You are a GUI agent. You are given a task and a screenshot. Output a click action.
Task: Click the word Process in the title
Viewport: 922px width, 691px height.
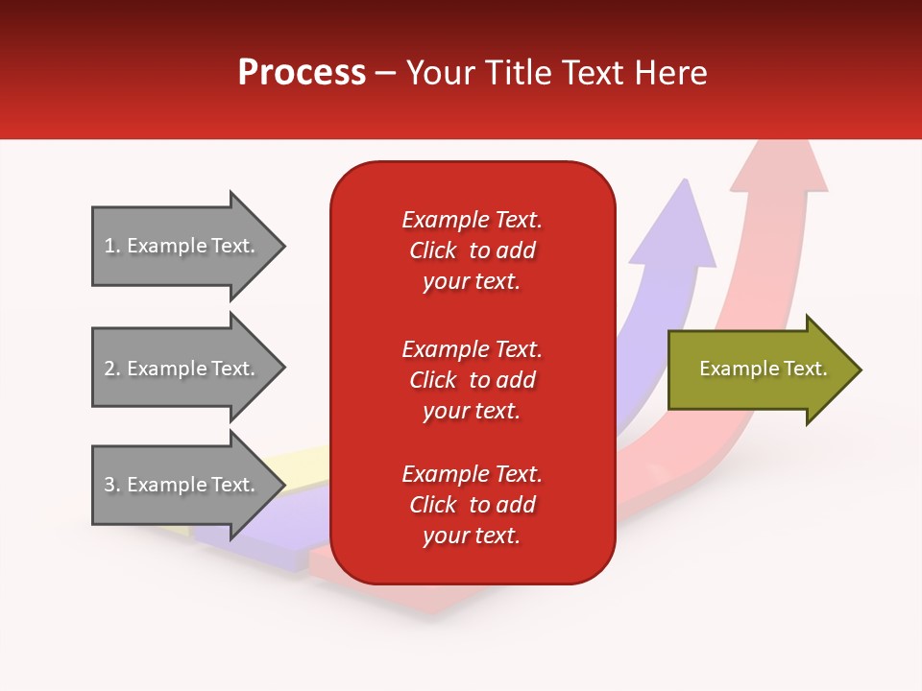pos(303,73)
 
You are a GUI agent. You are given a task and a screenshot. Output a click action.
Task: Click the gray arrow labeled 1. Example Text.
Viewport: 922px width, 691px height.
pos(188,247)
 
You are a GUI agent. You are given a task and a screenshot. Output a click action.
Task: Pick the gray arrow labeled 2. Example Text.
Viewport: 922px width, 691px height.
pos(188,368)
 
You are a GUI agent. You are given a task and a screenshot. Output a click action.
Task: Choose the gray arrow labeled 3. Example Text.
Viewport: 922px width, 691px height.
pos(188,485)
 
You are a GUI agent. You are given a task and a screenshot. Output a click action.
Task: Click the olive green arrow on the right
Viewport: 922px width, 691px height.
pos(764,369)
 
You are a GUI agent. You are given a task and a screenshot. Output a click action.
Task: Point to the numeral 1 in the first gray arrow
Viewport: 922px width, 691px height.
pos(109,246)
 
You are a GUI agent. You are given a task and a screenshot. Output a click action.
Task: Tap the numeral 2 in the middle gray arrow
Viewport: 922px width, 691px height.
pos(109,369)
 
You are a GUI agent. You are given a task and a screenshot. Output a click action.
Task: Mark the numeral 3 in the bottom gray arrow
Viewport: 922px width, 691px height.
pos(109,484)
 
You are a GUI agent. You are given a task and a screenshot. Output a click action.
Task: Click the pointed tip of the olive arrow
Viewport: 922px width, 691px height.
pos(861,369)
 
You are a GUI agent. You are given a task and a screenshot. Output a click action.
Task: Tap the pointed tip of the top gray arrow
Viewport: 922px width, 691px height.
pos(285,247)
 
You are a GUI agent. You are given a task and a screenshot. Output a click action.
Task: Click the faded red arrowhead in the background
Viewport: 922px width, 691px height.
pos(780,166)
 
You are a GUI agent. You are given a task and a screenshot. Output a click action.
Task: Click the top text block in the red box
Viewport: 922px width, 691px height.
pos(473,250)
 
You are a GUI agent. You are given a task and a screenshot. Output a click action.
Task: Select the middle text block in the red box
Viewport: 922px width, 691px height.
pos(473,380)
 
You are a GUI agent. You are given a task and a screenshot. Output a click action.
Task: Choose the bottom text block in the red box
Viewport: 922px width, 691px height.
pos(473,505)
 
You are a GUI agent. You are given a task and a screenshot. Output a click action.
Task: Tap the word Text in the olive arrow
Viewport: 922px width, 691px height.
pos(806,369)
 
